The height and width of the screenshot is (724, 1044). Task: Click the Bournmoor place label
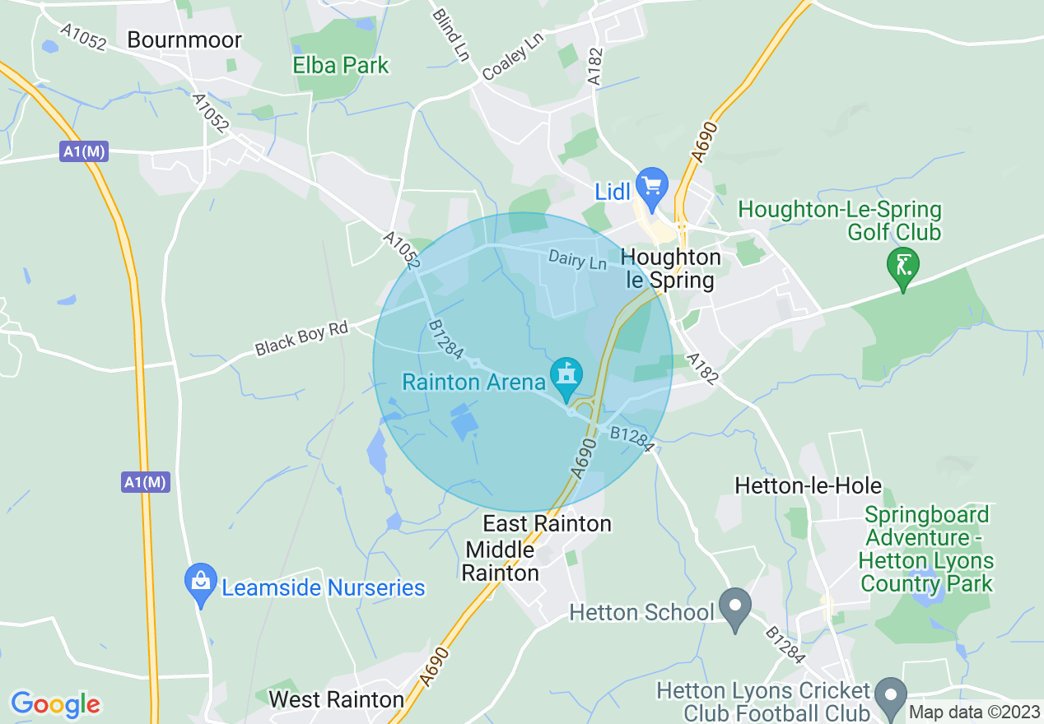[184, 40]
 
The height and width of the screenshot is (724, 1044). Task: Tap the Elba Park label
[341, 65]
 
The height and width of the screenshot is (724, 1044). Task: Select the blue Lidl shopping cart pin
[654, 188]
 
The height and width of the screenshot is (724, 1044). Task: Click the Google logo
[56, 704]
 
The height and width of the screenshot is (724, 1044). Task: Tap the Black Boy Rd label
[301, 337]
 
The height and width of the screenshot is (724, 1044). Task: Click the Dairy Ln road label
[577, 261]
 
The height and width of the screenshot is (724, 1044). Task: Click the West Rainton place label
[336, 699]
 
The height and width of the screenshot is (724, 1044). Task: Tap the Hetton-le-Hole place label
[808, 485]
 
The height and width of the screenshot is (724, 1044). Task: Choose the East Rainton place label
[547, 523]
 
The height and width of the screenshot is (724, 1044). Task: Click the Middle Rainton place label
[500, 560]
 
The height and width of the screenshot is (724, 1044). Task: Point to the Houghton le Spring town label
[670, 268]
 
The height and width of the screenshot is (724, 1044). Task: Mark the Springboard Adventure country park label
[926, 550]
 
